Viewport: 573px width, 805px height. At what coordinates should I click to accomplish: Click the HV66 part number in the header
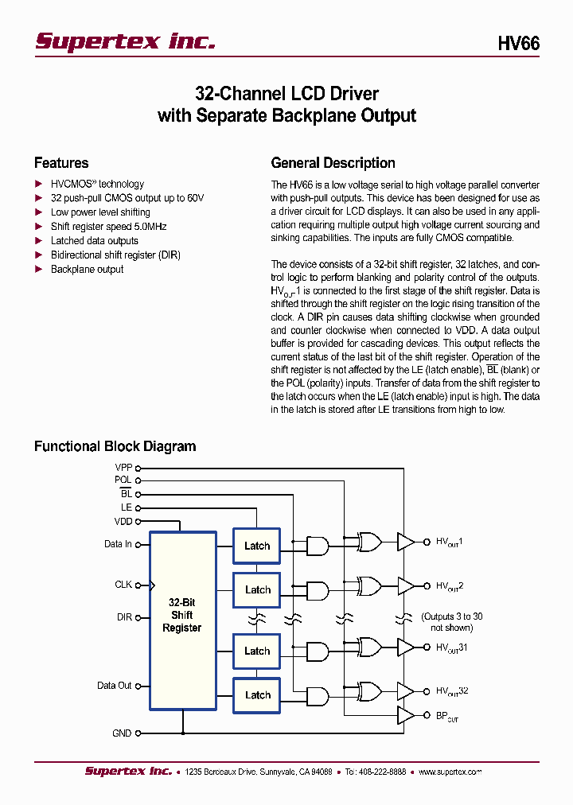(518, 44)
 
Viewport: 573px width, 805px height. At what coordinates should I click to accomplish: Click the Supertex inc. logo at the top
(125, 41)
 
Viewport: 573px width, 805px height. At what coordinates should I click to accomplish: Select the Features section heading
(61, 163)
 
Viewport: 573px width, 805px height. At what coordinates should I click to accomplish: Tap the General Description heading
(333, 163)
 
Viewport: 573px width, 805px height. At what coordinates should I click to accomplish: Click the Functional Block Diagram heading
(115, 446)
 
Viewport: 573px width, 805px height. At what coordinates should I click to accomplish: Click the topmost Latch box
(257, 546)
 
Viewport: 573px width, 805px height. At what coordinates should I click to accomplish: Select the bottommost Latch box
(257, 694)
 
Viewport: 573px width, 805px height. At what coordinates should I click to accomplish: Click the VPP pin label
(123, 468)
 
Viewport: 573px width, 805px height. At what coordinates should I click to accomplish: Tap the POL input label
(123, 480)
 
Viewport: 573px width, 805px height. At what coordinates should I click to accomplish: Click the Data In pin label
(118, 544)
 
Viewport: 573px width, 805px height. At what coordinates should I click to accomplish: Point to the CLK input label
(123, 585)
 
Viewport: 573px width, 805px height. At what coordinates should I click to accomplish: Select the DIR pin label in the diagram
(124, 617)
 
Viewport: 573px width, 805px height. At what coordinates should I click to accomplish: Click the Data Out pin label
(115, 686)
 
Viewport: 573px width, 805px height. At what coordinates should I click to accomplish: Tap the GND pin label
(122, 733)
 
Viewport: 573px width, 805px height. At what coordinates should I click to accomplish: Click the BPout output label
(446, 715)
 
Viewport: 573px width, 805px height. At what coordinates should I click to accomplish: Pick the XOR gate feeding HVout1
(370, 542)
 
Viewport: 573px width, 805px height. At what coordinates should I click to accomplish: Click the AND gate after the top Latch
(318, 546)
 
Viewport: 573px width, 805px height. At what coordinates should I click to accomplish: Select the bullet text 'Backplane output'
(87, 270)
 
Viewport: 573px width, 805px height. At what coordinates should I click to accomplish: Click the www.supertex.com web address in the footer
(450, 772)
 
